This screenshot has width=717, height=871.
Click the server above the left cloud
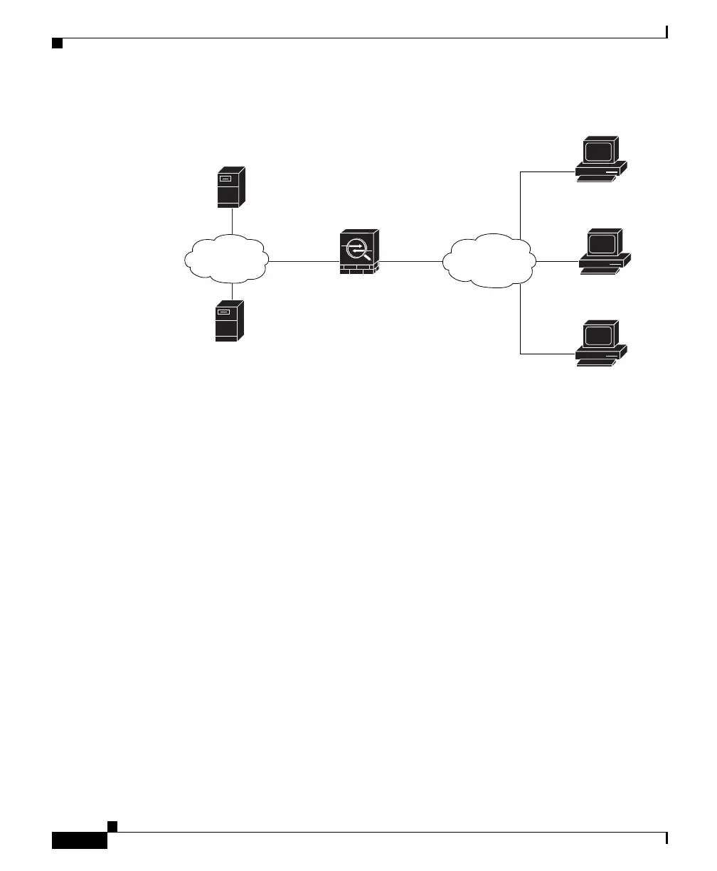click(x=230, y=187)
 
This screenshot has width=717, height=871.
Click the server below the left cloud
click(x=229, y=321)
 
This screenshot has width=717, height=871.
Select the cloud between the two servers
click(x=226, y=260)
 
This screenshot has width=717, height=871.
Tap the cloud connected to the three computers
click(x=488, y=260)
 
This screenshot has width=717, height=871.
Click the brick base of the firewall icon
click(x=358, y=269)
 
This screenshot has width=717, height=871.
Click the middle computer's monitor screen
click(x=601, y=243)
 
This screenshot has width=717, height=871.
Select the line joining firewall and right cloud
click(x=410, y=261)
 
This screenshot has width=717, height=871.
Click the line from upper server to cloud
click(x=232, y=221)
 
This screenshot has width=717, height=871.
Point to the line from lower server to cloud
click(x=232, y=291)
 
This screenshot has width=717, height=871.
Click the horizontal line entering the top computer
click(x=548, y=171)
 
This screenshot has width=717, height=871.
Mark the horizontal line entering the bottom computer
click(x=548, y=353)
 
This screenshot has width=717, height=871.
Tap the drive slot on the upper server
click(x=226, y=179)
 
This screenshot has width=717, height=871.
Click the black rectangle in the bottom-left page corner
click(x=80, y=840)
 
